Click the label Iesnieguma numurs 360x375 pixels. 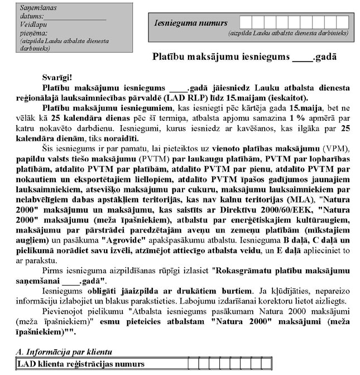coord(190,23)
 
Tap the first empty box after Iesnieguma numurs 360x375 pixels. coord(245,22)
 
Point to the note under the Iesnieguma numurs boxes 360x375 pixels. coord(288,34)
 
